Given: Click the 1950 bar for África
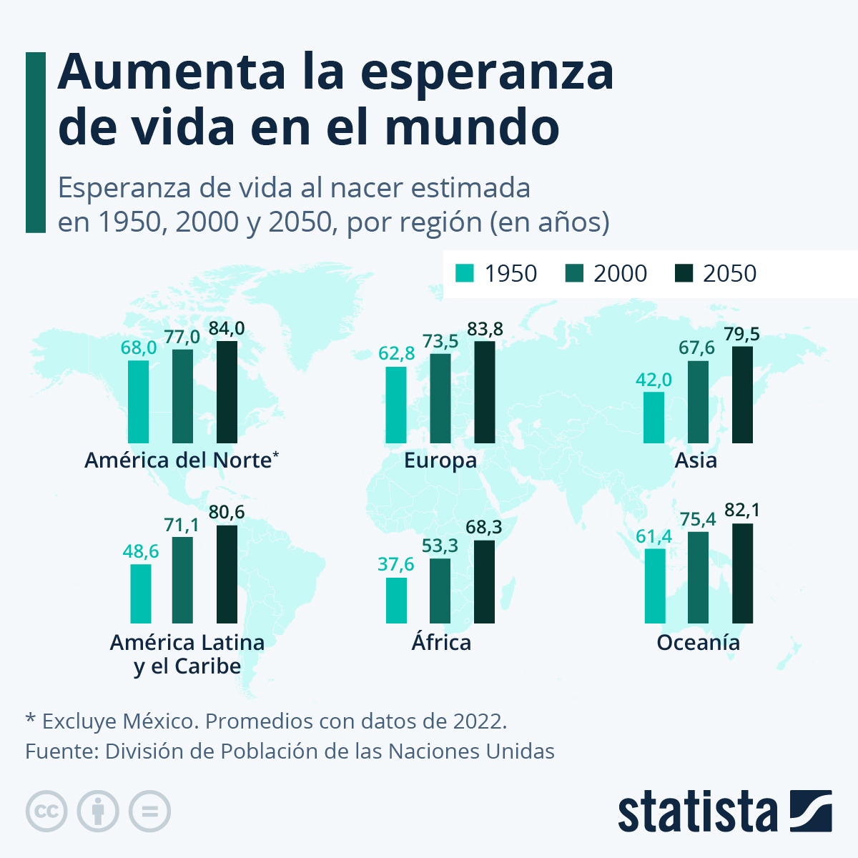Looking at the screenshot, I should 396,600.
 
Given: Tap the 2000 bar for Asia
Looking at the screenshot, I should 698,402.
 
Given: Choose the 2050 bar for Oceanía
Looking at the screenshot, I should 742,573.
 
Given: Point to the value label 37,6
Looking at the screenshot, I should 396,564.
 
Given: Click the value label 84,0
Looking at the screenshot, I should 227,328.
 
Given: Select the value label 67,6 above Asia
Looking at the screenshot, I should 696,347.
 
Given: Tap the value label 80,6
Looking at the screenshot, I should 227,512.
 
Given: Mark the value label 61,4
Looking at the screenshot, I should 654,536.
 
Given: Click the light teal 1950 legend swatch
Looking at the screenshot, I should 465,273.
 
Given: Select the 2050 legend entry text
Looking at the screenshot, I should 729,273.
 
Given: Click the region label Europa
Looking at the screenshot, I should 440,460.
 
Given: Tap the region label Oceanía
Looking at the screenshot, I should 698,642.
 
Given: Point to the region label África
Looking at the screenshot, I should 441,641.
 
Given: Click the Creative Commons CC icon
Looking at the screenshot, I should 46,811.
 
